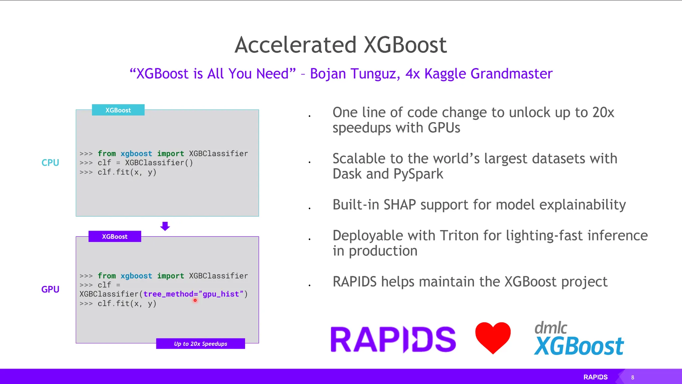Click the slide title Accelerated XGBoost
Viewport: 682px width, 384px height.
tap(341, 45)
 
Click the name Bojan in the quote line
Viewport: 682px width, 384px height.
tap(328, 74)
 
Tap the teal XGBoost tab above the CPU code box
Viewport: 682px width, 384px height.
tap(118, 110)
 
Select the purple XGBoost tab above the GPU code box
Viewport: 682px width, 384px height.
tap(115, 237)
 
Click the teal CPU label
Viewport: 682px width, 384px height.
tap(50, 163)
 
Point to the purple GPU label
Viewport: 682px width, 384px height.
tap(50, 289)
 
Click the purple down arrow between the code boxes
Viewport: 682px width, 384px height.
tap(165, 226)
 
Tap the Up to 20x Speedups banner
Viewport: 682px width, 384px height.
tap(200, 344)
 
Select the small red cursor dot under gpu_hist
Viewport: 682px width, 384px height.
tap(195, 300)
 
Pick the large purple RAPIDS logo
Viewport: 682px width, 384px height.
tap(393, 339)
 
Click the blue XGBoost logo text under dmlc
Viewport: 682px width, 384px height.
tap(579, 346)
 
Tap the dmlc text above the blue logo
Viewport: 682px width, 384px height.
tap(551, 328)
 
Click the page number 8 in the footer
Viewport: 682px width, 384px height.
tap(633, 378)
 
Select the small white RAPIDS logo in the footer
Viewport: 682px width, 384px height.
tap(595, 377)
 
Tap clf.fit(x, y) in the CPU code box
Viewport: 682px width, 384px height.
tap(127, 172)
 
